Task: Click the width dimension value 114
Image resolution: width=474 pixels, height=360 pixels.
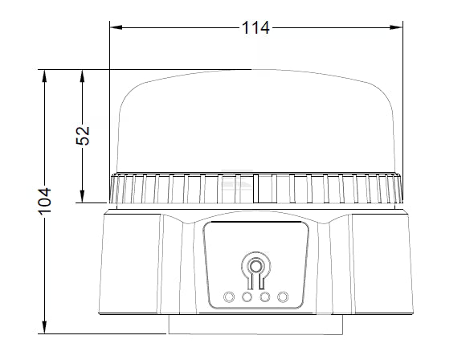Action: (255, 28)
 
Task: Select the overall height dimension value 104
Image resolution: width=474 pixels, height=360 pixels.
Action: (46, 200)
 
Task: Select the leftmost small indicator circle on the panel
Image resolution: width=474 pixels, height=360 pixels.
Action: (229, 297)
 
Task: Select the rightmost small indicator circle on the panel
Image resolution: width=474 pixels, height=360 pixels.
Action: (282, 297)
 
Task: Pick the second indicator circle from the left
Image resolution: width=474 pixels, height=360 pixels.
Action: (247, 297)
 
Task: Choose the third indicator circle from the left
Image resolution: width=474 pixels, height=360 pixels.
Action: (264, 297)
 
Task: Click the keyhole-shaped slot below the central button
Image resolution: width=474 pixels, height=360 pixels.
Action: (255, 283)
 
